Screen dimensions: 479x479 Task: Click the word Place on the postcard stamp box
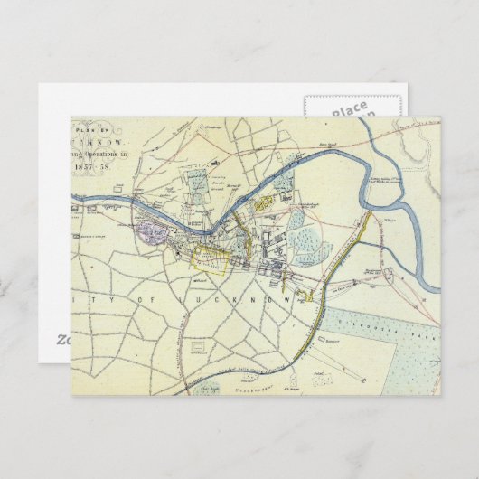point(347,109)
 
